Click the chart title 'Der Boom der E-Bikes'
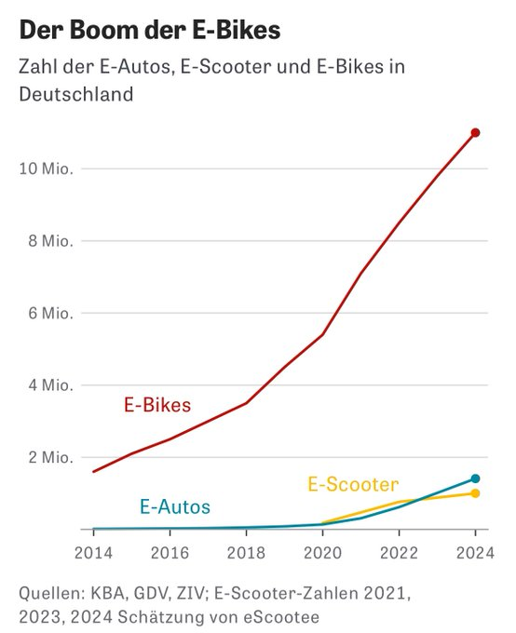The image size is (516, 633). tap(149, 31)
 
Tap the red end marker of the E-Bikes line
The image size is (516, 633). tap(475, 133)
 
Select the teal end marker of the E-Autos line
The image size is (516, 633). tap(475, 478)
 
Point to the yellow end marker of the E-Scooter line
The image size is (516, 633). tap(475, 493)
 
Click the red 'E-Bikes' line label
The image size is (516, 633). tap(157, 405)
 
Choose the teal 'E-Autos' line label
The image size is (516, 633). tap(175, 507)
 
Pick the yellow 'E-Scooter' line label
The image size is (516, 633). tap(353, 484)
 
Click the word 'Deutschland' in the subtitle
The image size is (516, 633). tap(75, 94)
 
